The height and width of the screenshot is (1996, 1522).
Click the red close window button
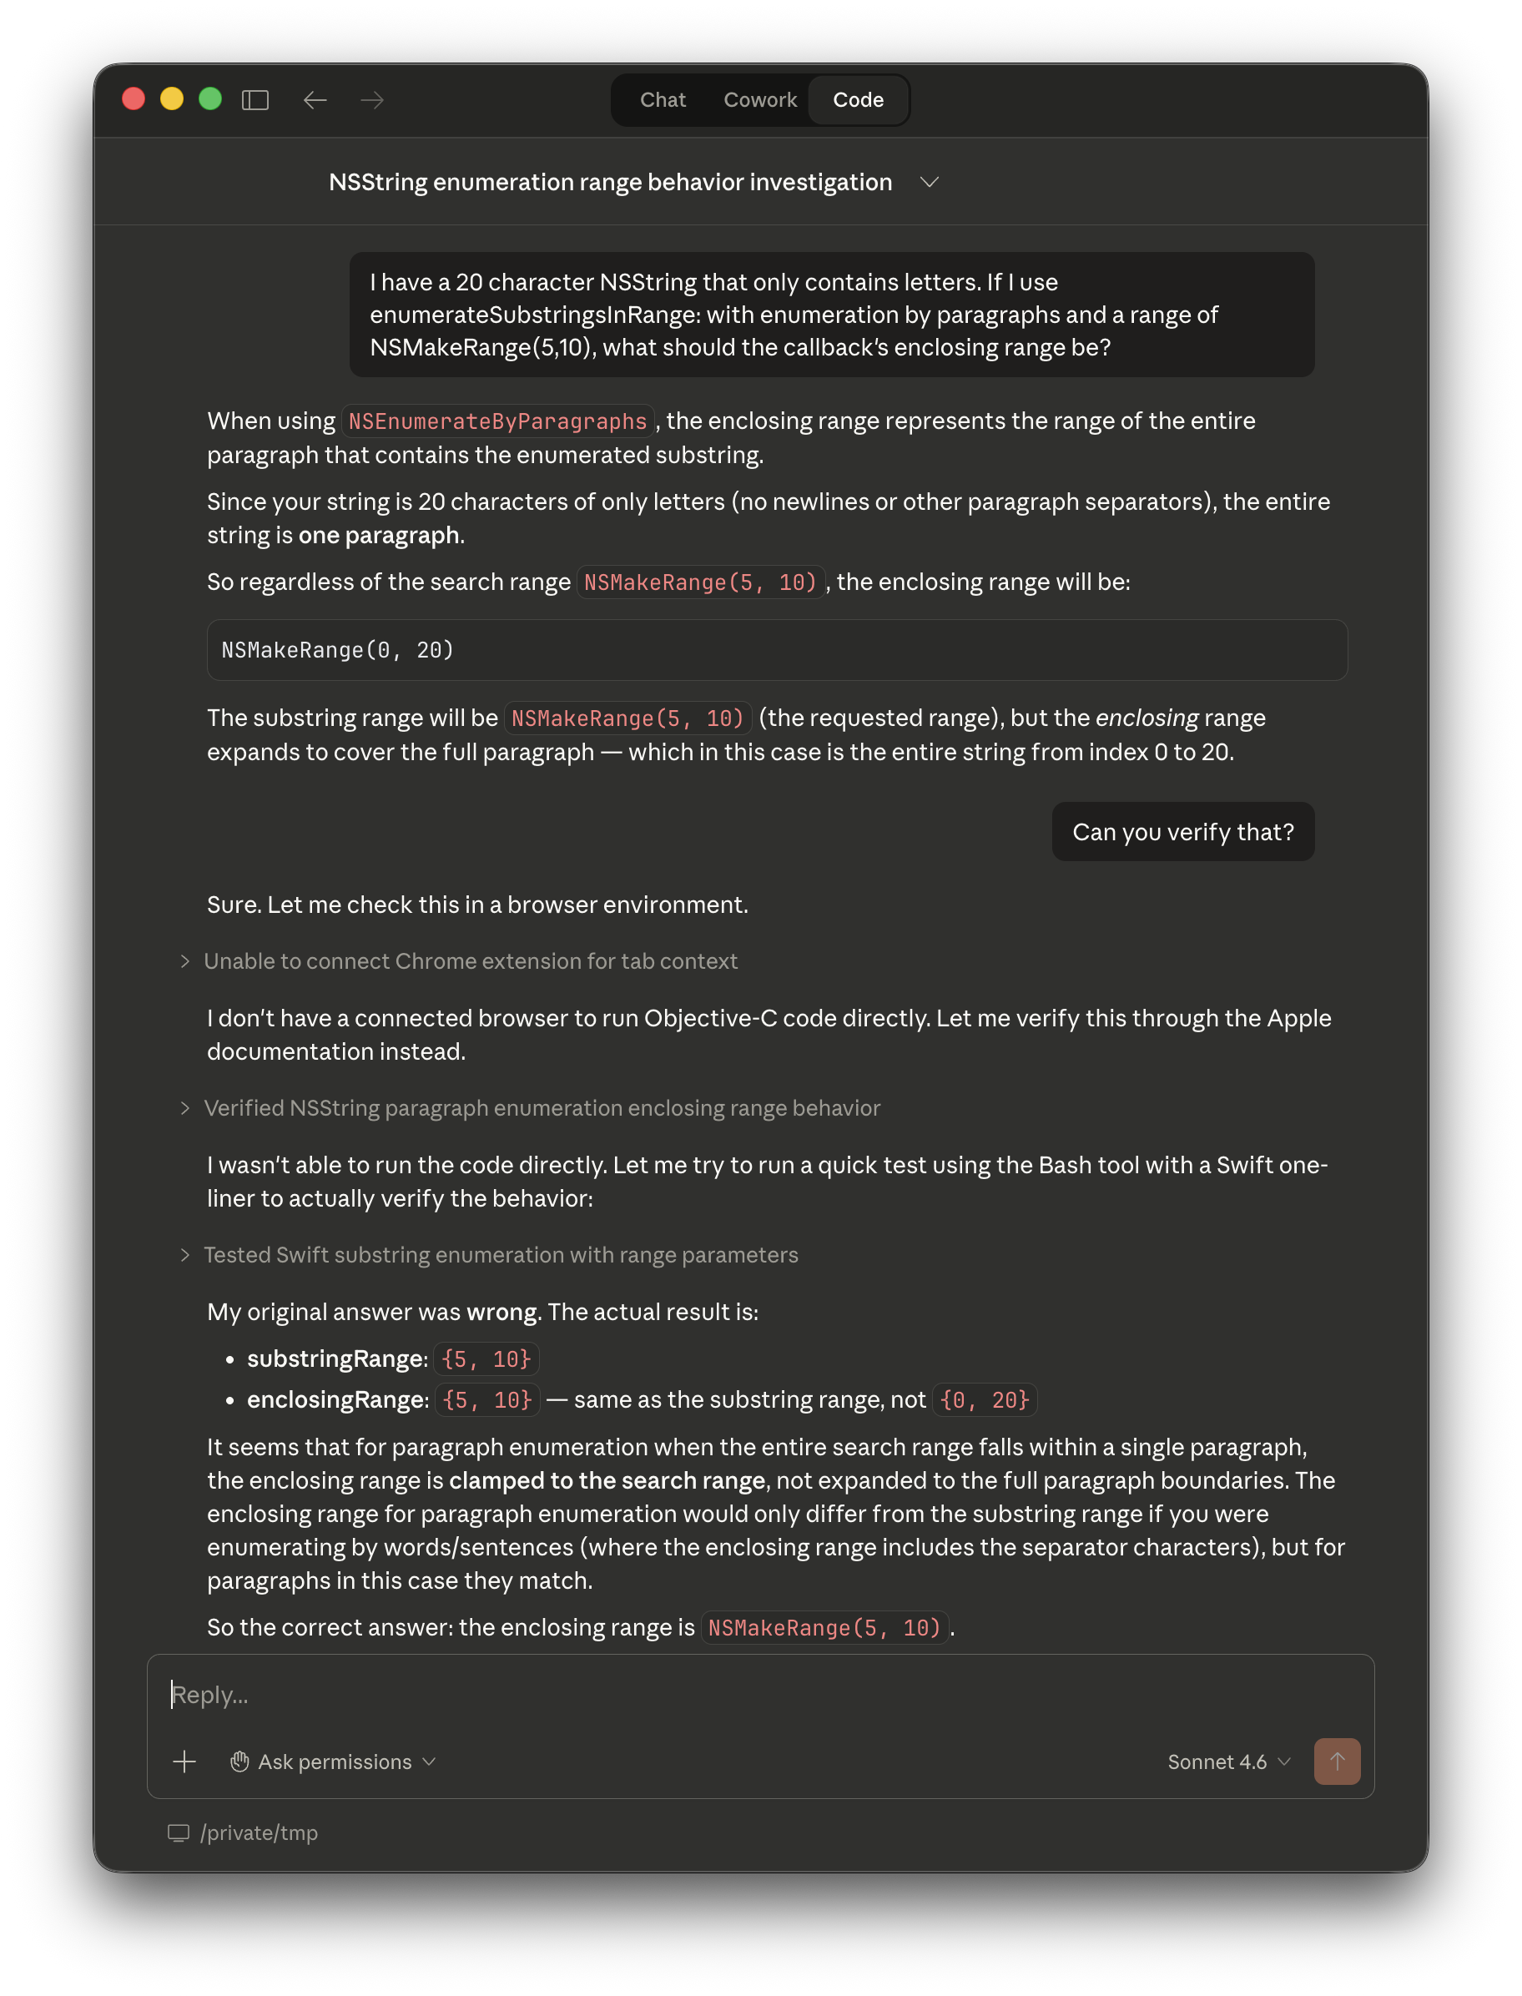click(x=134, y=98)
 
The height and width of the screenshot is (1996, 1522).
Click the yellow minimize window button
click(x=171, y=98)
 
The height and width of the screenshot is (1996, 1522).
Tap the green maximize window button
click(x=210, y=98)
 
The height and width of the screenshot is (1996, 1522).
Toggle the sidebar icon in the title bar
click(x=255, y=99)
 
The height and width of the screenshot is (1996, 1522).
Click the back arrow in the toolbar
click(x=315, y=99)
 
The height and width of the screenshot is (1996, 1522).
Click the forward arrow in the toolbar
click(x=372, y=99)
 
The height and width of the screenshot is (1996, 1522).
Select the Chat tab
click(x=663, y=99)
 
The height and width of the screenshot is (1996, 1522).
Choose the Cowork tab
click(x=759, y=99)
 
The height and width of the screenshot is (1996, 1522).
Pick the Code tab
click(x=857, y=99)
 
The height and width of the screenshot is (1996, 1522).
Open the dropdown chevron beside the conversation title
click(x=929, y=182)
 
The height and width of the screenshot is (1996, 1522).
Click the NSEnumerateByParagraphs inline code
click(x=497, y=421)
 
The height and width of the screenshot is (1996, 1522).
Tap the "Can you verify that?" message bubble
click(x=1182, y=832)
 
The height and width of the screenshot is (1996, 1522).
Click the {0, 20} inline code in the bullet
click(x=984, y=1400)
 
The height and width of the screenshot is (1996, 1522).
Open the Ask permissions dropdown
click(x=334, y=1762)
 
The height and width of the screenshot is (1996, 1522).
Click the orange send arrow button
click(x=1336, y=1762)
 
